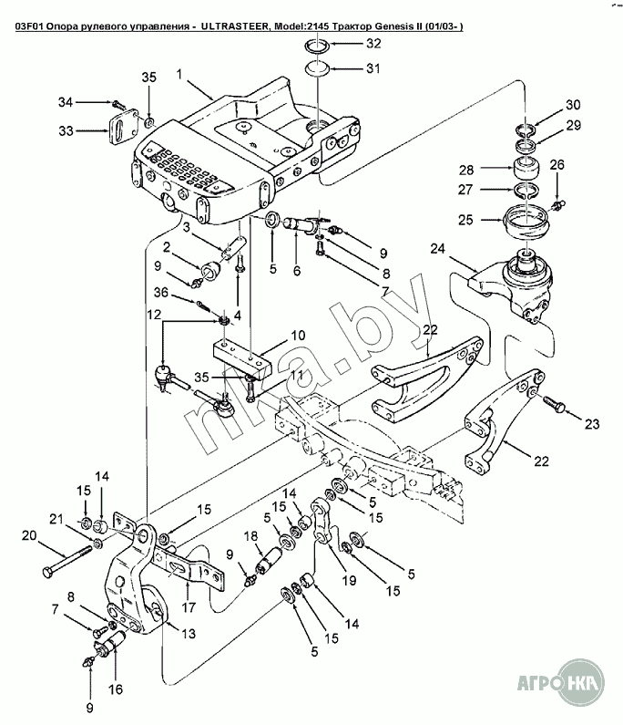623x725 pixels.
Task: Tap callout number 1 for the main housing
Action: (x=180, y=72)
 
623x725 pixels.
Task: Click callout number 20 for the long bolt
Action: (x=27, y=535)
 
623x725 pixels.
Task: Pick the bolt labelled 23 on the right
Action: (x=553, y=400)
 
